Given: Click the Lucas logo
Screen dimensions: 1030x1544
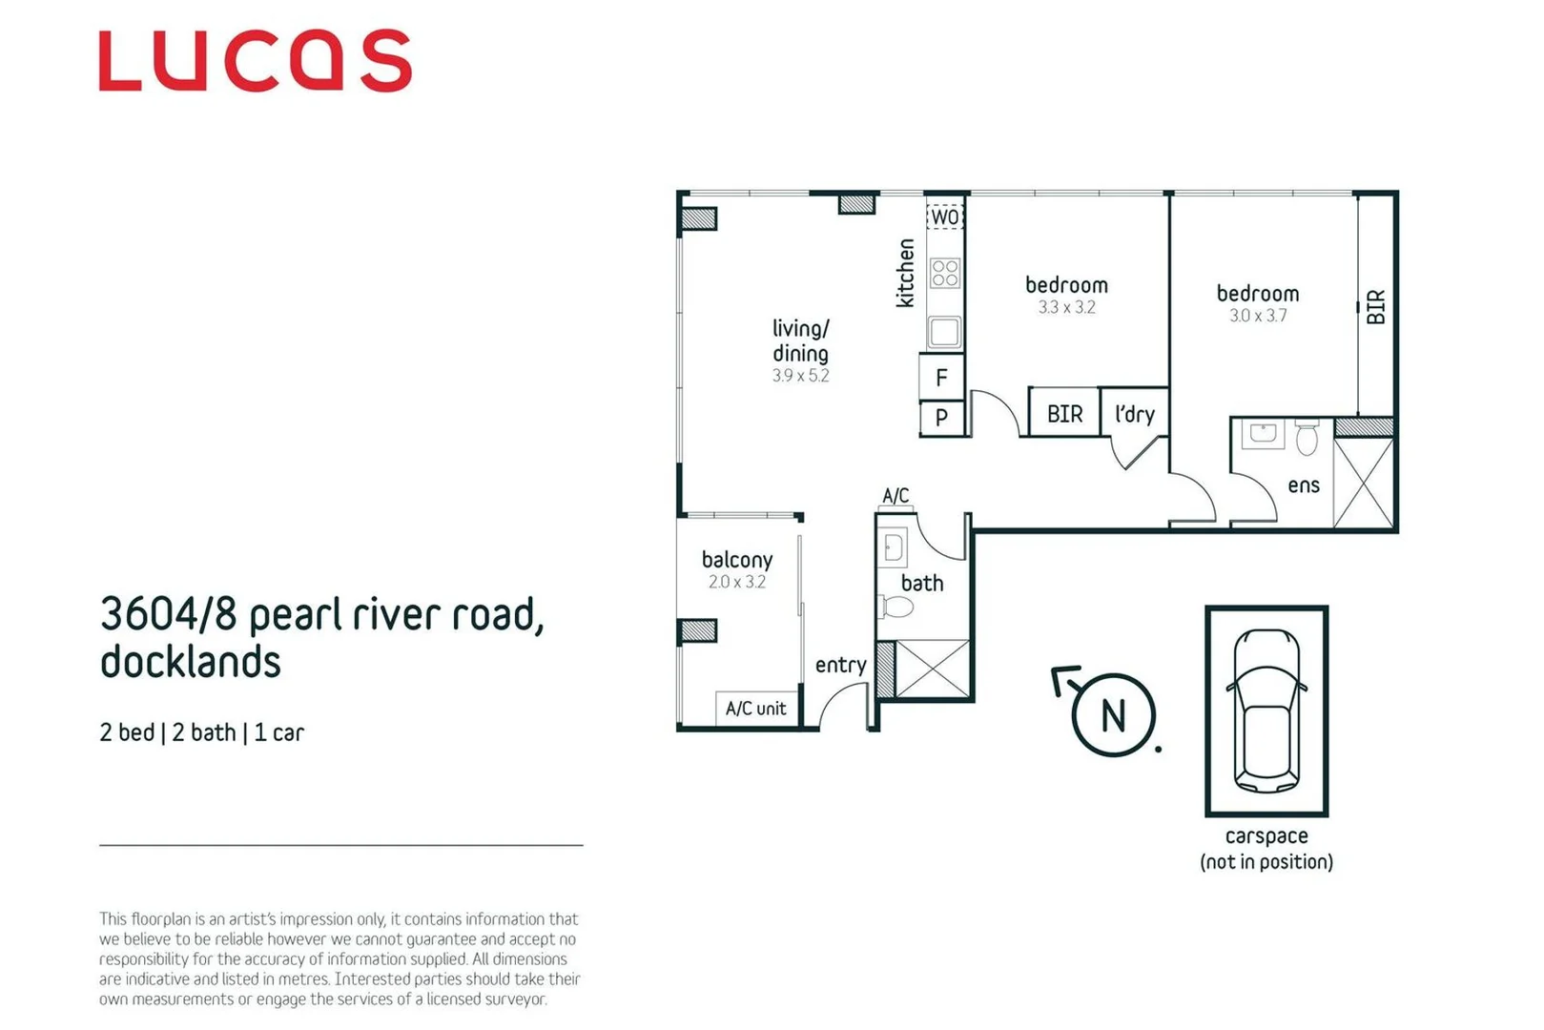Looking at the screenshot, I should click(255, 61).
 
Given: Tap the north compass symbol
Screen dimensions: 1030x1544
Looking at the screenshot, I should click(1112, 713).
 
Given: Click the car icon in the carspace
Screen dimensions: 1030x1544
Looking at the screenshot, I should click(1266, 711).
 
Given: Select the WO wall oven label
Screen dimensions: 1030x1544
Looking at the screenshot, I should click(944, 216).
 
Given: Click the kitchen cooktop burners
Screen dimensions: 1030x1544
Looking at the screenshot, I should click(944, 273).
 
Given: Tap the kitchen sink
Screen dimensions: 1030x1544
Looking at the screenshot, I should click(944, 331).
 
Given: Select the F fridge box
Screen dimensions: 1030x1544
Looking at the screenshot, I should click(941, 378).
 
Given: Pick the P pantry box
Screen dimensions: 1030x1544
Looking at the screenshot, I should click(941, 417).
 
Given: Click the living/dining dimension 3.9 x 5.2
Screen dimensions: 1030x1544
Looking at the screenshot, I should click(800, 376).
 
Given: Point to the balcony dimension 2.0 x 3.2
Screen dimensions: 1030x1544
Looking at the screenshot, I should click(736, 582).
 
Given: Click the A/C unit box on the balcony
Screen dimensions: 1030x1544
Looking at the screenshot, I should click(756, 709).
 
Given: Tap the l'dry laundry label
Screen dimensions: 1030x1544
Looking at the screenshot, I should click(1134, 414).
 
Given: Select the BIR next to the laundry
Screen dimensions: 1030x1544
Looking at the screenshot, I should click(1064, 414).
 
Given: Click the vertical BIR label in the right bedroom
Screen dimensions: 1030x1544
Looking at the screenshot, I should click(1375, 307).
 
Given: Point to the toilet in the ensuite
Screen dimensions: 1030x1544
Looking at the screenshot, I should click(1307, 438).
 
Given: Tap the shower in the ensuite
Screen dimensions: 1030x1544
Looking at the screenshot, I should click(1364, 482).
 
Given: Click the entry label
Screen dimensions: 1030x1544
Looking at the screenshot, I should click(840, 665).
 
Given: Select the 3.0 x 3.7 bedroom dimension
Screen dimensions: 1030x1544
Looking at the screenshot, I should click(1257, 316).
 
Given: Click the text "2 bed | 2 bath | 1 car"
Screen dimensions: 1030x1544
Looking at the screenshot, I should click(201, 732).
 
